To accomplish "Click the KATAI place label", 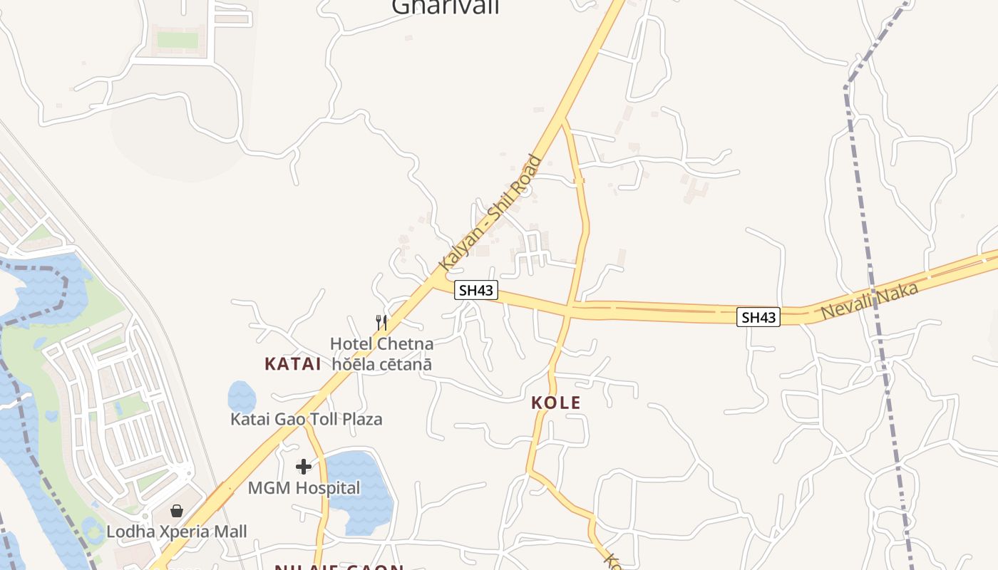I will coord(293,364).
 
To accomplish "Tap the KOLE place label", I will coord(556,403).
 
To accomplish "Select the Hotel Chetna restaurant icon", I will coord(381,323).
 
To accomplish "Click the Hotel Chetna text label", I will coord(381,344).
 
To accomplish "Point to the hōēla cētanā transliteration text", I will coord(381,363).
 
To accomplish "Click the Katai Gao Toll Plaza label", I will coord(306,419).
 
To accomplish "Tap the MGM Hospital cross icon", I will coord(304,467).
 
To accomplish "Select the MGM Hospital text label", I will coord(304,488).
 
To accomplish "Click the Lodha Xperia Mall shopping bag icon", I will coord(177,511).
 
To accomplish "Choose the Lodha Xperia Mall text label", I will coord(177,532).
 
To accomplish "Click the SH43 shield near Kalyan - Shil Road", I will coord(475,290).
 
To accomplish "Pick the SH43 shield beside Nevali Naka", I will coord(758,317).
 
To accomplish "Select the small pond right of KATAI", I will coord(242,396).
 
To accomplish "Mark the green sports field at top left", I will coord(177,40).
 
